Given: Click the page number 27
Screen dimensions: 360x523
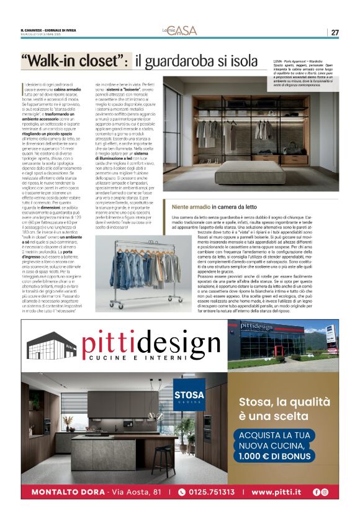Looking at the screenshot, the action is coord(335,32).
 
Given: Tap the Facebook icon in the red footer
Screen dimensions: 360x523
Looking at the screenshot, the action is coord(317,492).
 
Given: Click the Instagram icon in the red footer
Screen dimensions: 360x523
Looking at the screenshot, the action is coord(325,492).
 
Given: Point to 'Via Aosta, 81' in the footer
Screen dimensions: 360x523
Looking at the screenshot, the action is coord(134,492).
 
